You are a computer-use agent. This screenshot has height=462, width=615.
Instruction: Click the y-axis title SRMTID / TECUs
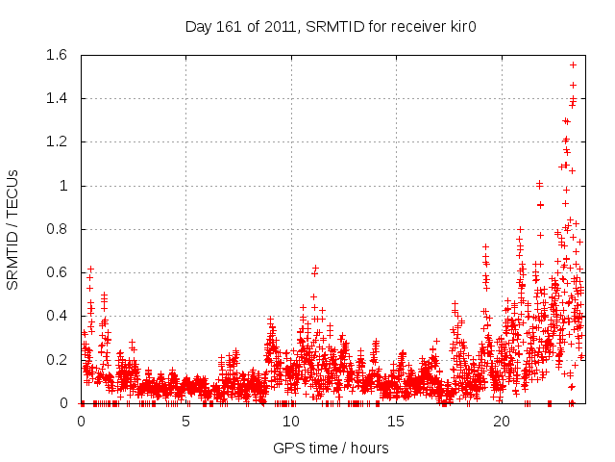point(12,229)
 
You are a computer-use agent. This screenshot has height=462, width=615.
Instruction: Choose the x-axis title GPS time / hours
point(332,448)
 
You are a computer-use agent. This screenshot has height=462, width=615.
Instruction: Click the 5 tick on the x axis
point(186,422)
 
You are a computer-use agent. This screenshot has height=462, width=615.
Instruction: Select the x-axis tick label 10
point(291,422)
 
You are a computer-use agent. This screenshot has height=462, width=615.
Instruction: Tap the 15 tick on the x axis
point(397,422)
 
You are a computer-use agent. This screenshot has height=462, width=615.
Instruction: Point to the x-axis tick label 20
point(502,422)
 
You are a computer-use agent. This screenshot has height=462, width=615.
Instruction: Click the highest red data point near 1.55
point(574,64)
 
